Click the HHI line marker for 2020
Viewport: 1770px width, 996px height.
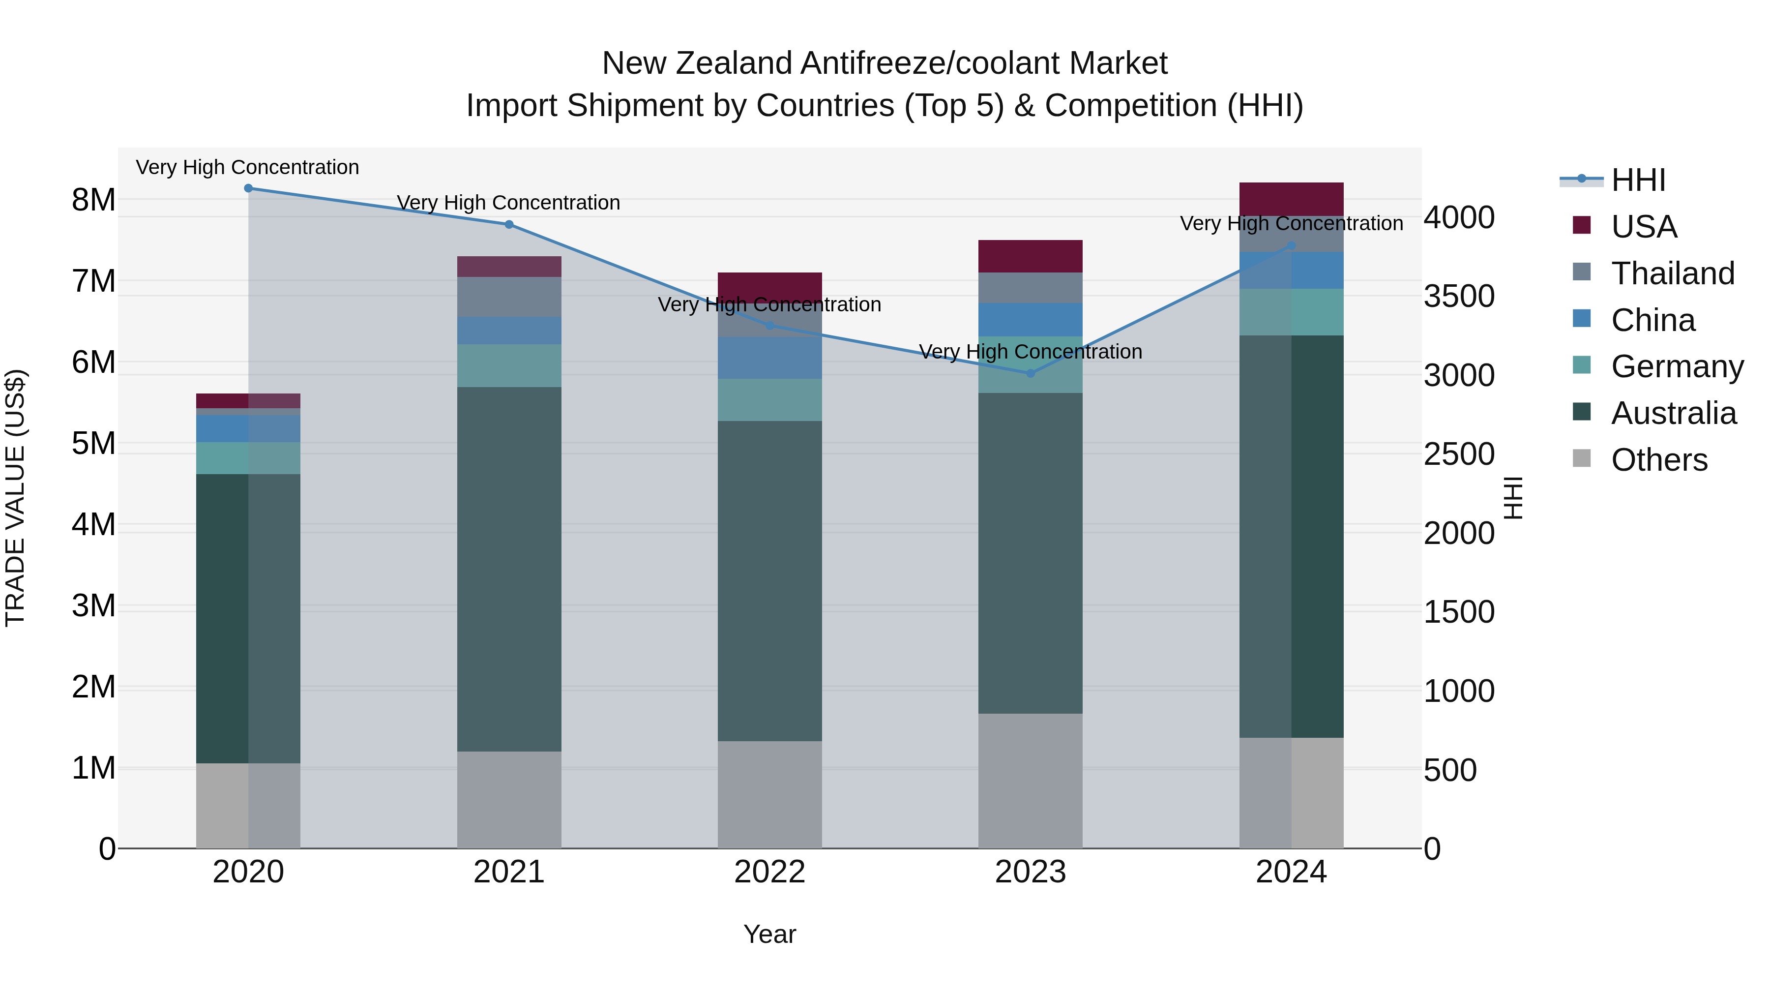248,188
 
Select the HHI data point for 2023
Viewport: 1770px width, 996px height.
1030,373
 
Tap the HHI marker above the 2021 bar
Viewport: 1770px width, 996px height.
509,224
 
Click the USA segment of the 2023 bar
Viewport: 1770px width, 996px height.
1030,256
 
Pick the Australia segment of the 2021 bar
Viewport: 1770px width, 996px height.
509,569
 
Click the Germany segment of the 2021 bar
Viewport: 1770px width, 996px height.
509,365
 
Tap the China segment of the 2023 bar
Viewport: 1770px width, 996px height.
1030,320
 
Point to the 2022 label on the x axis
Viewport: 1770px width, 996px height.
769,872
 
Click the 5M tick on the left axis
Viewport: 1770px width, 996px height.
94,443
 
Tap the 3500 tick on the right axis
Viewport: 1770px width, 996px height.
1458,296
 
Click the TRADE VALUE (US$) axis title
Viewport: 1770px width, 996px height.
16,498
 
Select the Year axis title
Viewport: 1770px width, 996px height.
769,934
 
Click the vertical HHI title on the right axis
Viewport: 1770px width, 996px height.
1512,498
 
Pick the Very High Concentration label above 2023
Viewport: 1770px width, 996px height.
1030,351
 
